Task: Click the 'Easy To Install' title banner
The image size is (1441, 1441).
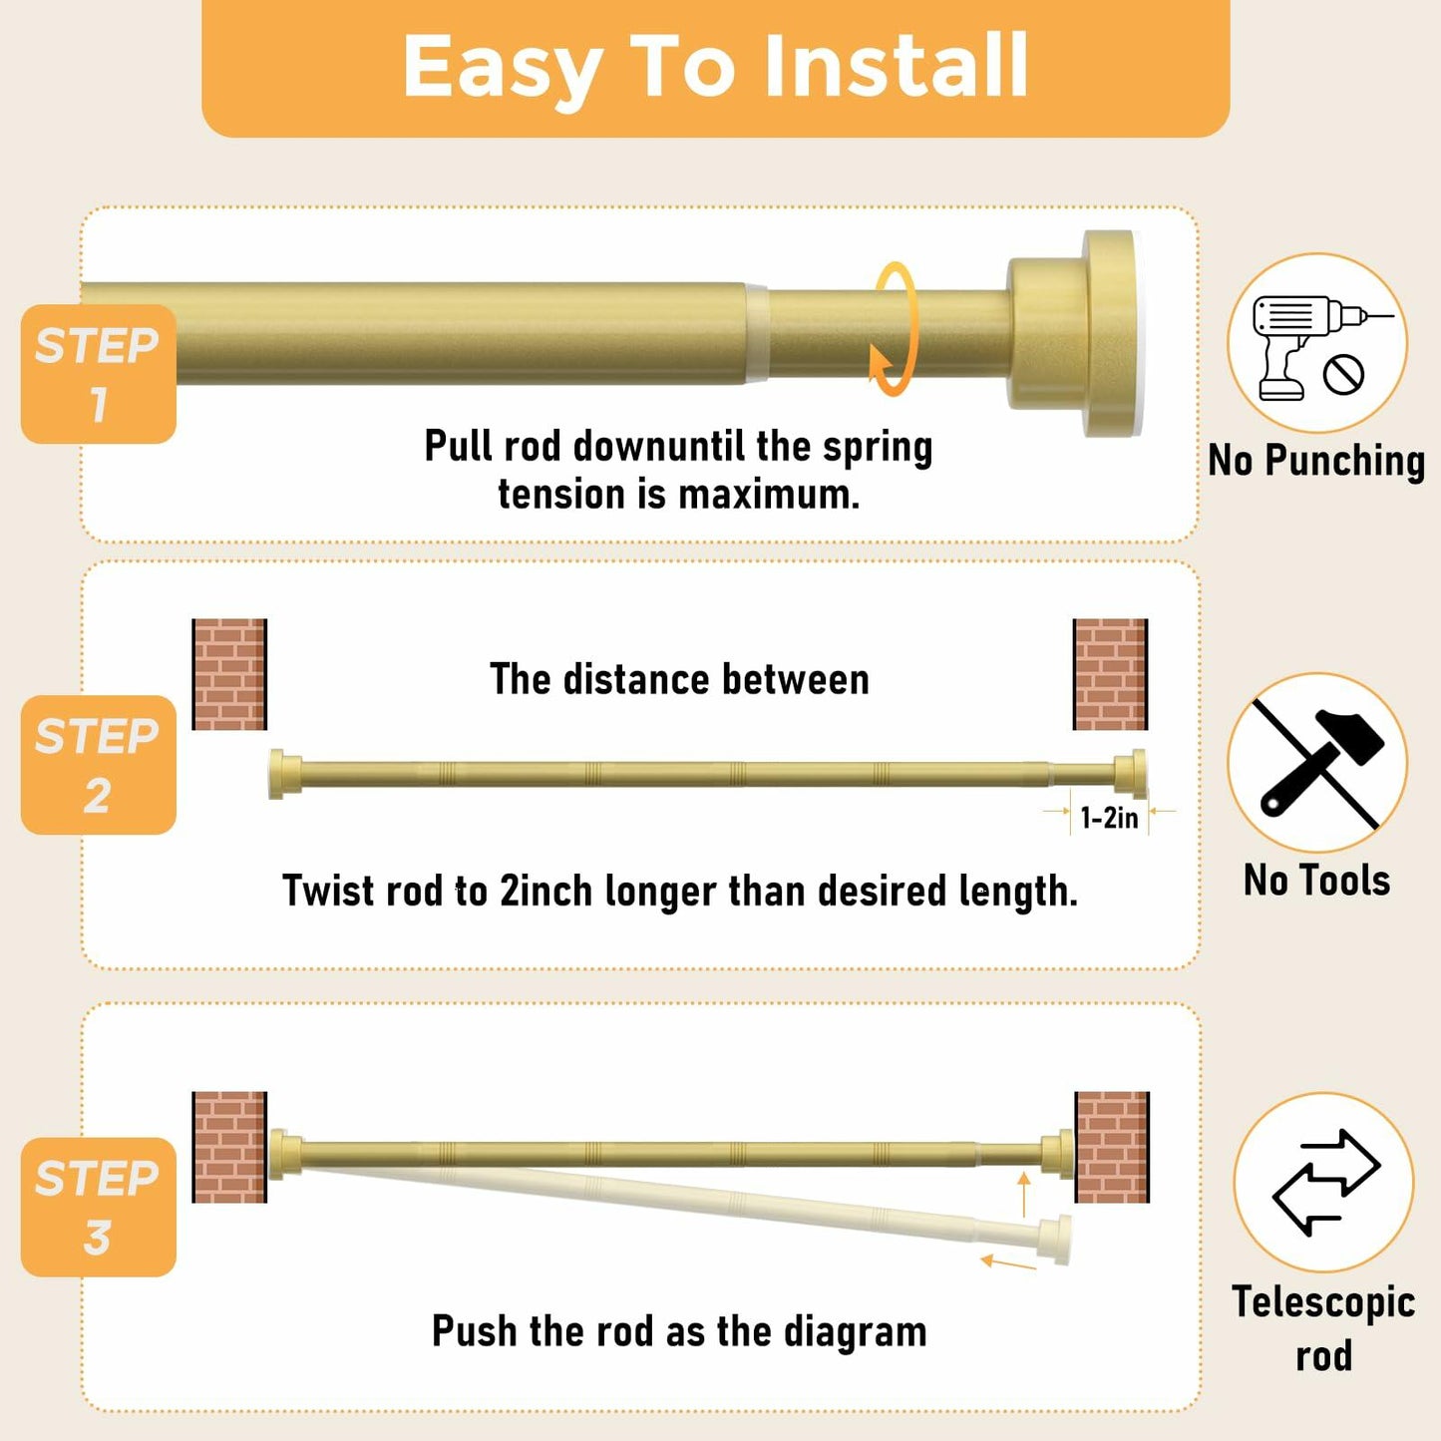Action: (x=715, y=67)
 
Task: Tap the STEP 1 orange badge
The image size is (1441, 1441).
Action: (x=98, y=374)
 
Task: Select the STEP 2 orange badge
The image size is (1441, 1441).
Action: (x=98, y=765)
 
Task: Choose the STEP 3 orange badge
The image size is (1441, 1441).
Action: (x=98, y=1207)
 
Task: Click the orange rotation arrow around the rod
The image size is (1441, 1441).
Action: (x=895, y=329)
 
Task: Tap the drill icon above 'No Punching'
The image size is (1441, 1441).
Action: (x=1316, y=344)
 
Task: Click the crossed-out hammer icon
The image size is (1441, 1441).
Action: (x=1316, y=764)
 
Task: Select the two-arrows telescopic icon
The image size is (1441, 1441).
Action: (x=1324, y=1183)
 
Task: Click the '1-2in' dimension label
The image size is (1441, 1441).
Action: (x=1109, y=819)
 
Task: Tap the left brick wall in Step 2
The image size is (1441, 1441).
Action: (x=229, y=674)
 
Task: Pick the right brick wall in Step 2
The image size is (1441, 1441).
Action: (x=1110, y=674)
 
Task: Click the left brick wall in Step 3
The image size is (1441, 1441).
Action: (x=229, y=1147)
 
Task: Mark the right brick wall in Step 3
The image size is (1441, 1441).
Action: (x=1112, y=1147)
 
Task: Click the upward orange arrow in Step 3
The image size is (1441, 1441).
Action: (x=1023, y=1194)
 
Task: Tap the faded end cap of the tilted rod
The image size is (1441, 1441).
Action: (x=1056, y=1240)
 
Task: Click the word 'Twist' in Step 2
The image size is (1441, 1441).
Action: (x=322, y=891)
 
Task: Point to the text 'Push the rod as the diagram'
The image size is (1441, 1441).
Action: (x=679, y=1331)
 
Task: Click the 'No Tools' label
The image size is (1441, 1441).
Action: (x=1316, y=881)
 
